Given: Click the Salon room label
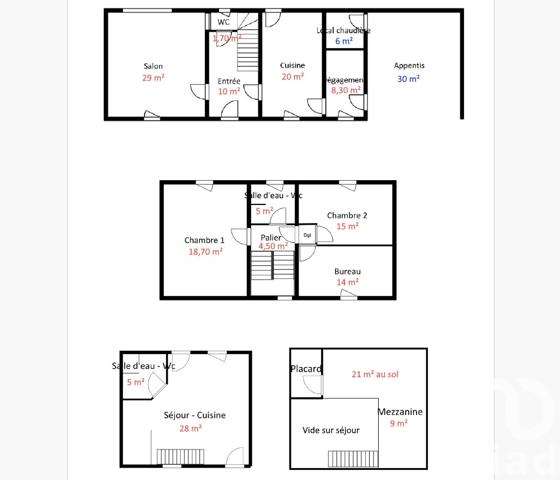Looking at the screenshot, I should (153, 66).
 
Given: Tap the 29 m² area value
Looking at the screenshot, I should (153, 78).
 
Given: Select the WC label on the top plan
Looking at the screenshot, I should (223, 22).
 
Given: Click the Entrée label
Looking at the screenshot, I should (229, 80).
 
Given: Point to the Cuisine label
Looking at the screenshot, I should (292, 65).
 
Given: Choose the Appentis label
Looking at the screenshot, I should (409, 65).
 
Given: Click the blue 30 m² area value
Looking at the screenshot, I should (409, 78).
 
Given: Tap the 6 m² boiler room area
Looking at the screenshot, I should (343, 42).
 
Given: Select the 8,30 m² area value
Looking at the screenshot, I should (346, 91).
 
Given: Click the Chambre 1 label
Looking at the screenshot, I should (204, 240).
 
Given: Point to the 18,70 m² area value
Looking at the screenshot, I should (204, 252).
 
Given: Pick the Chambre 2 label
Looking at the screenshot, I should (347, 215).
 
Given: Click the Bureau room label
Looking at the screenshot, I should (347, 271).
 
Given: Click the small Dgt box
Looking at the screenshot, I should (308, 236).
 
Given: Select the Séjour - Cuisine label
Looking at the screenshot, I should (195, 415).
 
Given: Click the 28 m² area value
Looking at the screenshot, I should (190, 428).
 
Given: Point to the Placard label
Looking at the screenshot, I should (306, 369).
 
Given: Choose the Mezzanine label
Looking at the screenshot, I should (400, 411).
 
